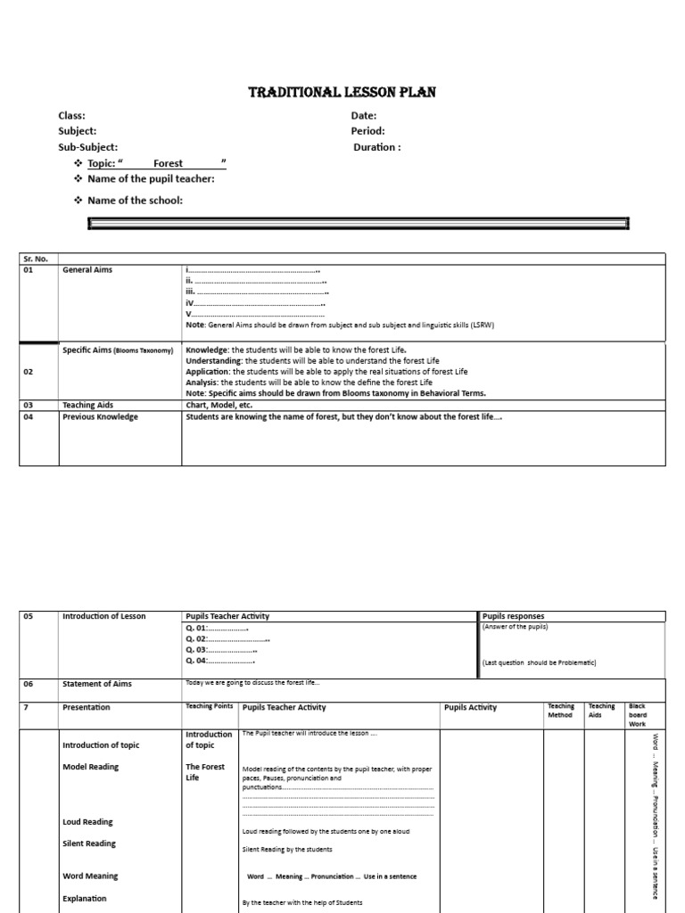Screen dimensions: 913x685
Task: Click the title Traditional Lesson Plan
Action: click(x=342, y=93)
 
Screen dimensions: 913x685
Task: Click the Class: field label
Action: click(x=72, y=115)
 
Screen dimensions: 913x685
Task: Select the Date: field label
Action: click(x=364, y=115)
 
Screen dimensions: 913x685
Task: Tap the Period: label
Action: click(x=367, y=131)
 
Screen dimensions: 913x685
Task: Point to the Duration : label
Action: click(x=377, y=147)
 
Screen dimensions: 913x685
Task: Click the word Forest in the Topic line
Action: click(x=168, y=163)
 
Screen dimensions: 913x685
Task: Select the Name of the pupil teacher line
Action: click(x=151, y=179)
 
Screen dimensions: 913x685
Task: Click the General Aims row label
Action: click(x=87, y=269)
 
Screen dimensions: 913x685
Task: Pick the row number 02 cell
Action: click(x=29, y=372)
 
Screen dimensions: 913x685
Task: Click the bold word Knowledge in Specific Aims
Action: click(x=206, y=350)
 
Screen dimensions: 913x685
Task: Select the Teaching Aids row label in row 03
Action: click(x=88, y=405)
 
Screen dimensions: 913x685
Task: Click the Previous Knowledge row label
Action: click(x=100, y=416)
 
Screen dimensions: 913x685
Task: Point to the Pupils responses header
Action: click(x=513, y=616)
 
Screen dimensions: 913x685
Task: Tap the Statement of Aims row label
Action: click(x=96, y=684)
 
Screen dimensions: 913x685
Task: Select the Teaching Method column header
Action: click(x=560, y=711)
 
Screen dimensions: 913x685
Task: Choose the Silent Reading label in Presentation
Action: click(x=88, y=843)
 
